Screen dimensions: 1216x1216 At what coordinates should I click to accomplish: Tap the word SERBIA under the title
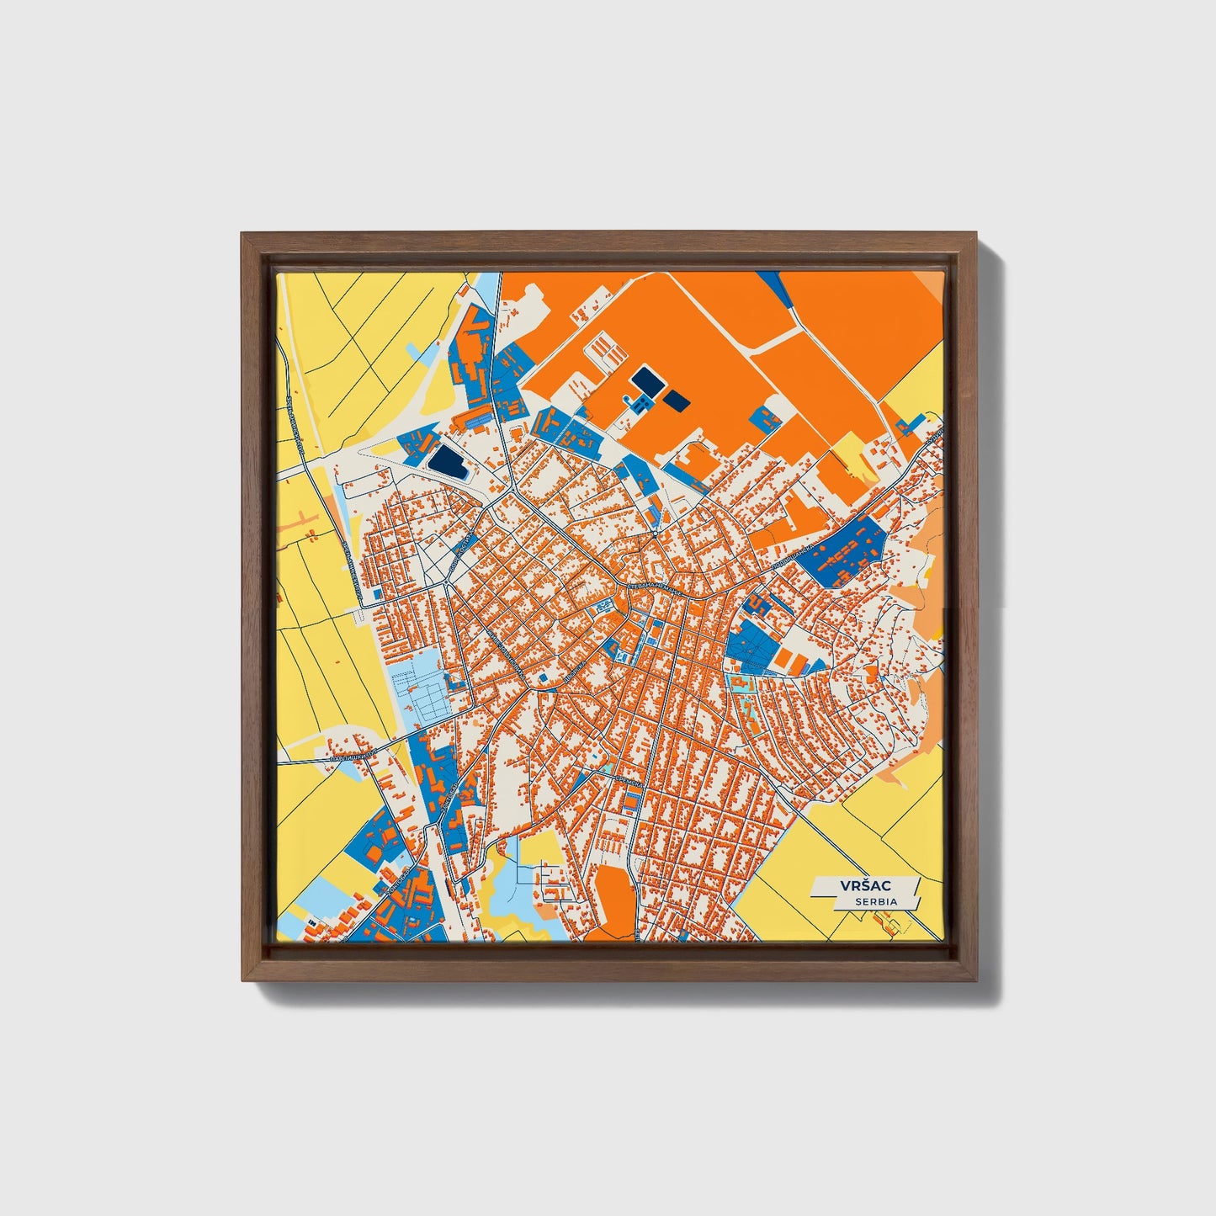876,901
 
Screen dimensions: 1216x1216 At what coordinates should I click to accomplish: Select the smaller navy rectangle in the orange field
677,401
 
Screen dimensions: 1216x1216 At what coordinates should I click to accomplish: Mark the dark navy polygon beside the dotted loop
447,461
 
